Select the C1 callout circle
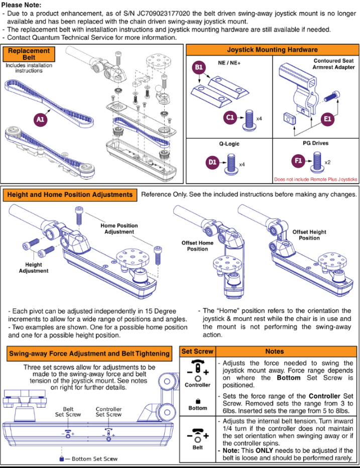[230, 118]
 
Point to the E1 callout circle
[328, 119]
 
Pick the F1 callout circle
[298, 162]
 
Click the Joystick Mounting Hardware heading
[272, 50]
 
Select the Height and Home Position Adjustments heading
[70, 194]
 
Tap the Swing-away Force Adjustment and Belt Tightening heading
[89, 354]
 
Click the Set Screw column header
[197, 352]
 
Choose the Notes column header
[275, 352]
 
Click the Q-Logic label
[228, 144]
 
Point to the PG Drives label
[315, 144]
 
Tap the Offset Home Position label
[197, 246]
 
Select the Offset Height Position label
[309, 235]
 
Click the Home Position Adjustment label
[119, 228]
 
